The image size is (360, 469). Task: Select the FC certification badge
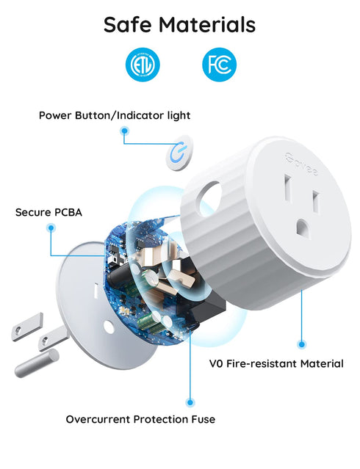click(219, 65)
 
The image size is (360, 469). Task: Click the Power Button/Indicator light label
click(114, 115)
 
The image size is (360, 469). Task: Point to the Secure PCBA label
click(48, 213)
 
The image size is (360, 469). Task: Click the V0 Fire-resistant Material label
click(276, 363)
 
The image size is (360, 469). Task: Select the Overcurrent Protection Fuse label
click(140, 419)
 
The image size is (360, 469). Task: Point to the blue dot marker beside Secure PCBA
click(50, 228)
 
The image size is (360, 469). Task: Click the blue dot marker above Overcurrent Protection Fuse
click(190, 401)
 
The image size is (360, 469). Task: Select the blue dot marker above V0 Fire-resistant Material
click(301, 343)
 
